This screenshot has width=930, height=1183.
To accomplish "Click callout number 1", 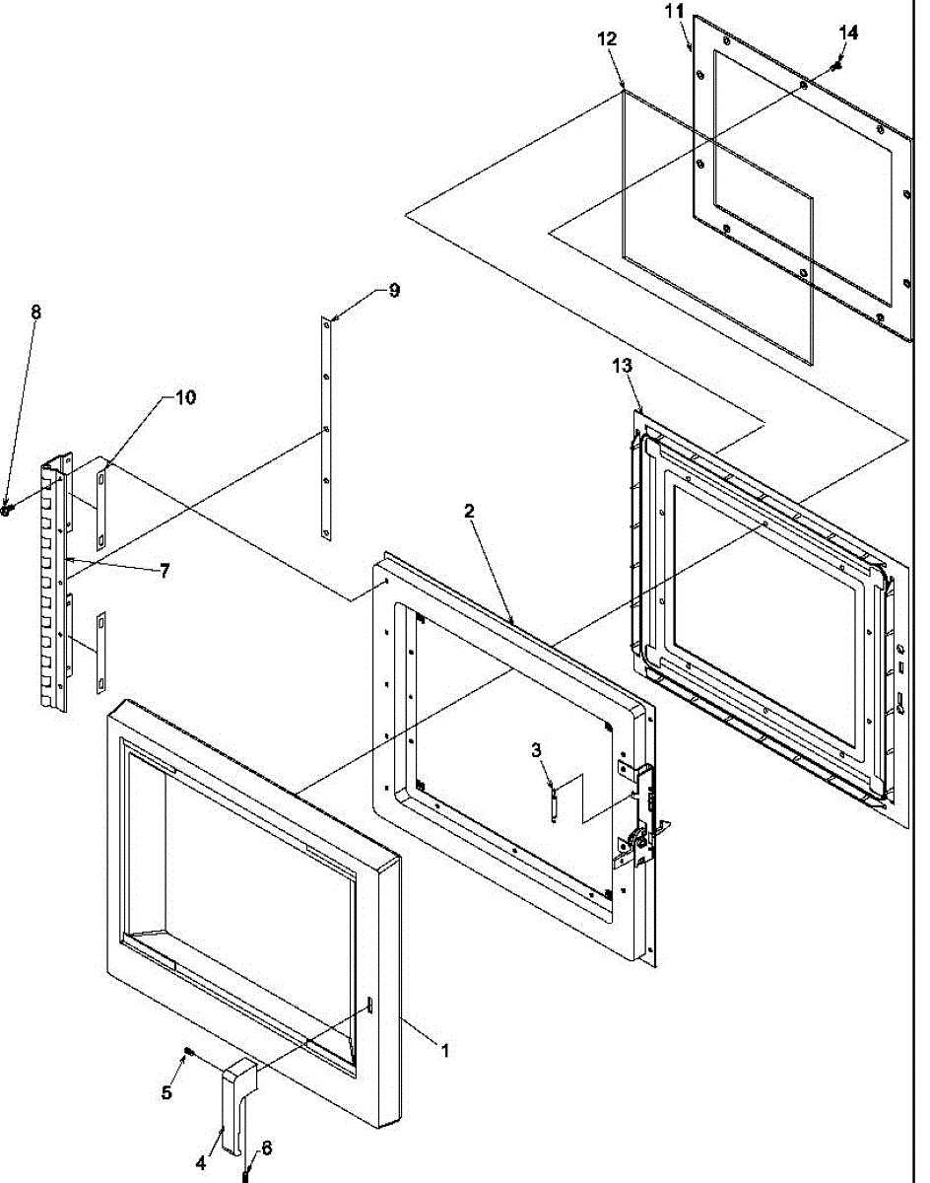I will (x=444, y=1052).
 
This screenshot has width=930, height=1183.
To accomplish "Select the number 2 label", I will (x=470, y=511).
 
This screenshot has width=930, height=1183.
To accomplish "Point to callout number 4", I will (x=201, y=1163).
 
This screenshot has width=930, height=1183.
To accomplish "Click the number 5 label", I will (x=167, y=1092).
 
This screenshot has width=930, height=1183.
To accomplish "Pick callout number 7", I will (x=165, y=570).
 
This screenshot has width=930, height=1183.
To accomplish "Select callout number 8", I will (x=36, y=312).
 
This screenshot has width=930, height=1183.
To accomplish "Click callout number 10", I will (x=185, y=397).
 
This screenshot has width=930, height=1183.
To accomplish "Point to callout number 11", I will (x=673, y=12).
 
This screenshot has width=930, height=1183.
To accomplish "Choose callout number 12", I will (x=607, y=39).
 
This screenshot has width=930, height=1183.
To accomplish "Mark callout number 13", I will (x=621, y=366).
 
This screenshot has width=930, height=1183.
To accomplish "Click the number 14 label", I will (x=848, y=33).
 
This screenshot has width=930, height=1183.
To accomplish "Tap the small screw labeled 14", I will (x=836, y=66).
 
